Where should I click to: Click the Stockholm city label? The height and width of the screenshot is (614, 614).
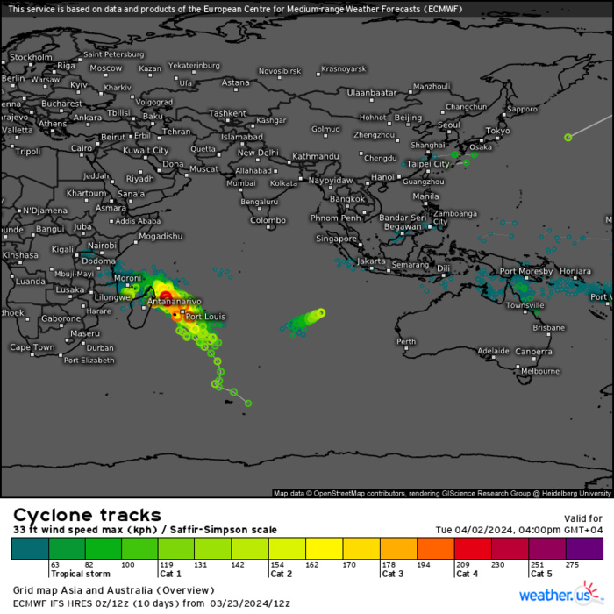pos(31,57)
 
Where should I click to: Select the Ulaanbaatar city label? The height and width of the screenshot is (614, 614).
pos(373,92)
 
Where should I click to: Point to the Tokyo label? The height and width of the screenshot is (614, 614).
pos(497,131)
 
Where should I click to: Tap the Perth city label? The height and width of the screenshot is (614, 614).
pos(406,341)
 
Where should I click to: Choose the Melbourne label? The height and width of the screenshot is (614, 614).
pos(540,371)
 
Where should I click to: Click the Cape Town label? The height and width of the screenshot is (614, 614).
pos(32,347)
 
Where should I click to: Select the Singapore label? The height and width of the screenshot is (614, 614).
pos(337,239)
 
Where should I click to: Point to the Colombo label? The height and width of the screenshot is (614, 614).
pos(268,220)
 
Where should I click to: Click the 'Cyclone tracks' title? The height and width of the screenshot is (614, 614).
pos(87,515)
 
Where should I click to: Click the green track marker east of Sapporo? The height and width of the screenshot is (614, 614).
pos(568,136)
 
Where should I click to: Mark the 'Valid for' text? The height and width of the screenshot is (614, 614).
pos(583,518)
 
